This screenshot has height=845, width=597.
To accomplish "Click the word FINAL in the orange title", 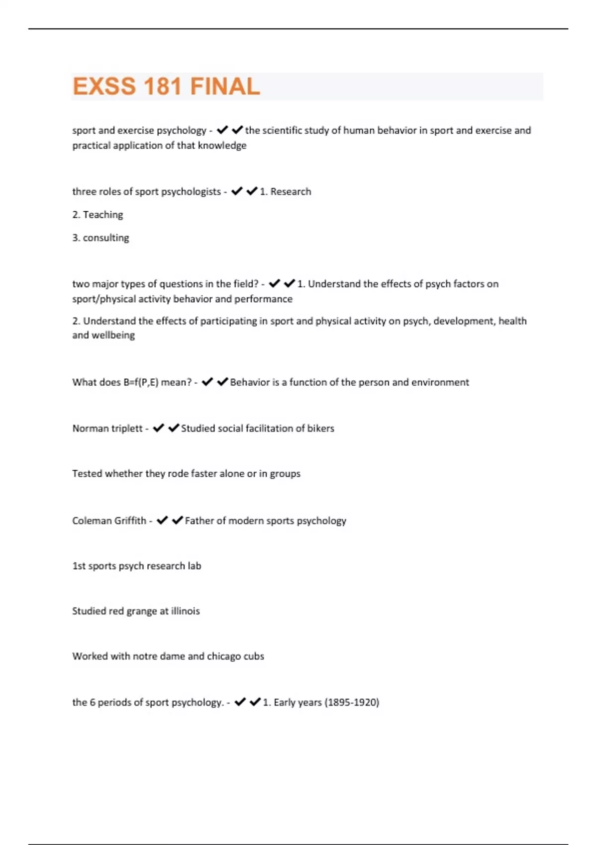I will (225, 86).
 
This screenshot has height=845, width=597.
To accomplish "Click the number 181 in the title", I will (162, 86).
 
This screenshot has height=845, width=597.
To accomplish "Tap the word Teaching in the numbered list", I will (103, 215).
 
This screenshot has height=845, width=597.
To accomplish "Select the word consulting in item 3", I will (106, 238).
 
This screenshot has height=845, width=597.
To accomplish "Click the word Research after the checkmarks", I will (291, 192).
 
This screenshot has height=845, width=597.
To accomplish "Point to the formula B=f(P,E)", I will (140, 382).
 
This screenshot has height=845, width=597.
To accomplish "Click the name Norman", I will (88, 428).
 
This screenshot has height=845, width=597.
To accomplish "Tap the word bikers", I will (320, 428).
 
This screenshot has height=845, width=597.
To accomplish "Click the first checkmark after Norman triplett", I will (159, 428).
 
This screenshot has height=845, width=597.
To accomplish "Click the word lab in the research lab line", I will (195, 566).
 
